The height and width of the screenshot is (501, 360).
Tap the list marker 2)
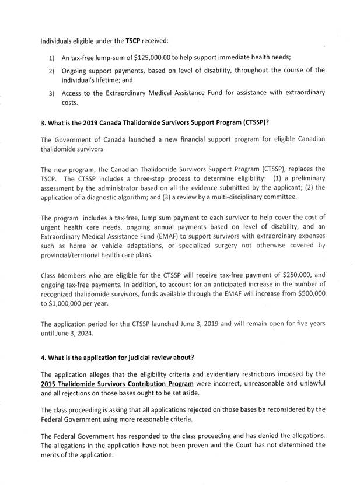(51, 71)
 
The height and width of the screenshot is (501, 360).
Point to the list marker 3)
(51, 93)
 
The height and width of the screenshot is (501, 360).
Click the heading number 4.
(44, 357)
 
